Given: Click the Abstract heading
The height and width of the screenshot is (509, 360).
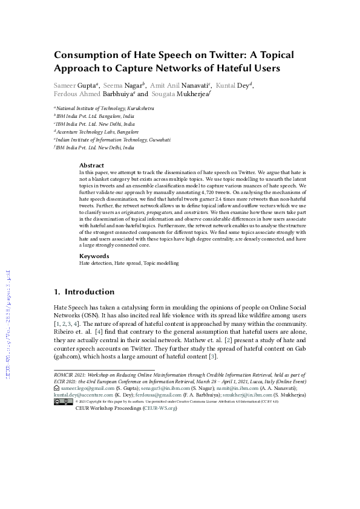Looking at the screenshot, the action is coord(91,165).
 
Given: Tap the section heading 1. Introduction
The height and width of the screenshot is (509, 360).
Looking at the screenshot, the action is coord(84,292).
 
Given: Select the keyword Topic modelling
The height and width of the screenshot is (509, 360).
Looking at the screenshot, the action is coord(161,264).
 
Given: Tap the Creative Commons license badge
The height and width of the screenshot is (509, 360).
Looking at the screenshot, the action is coord(64,401).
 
